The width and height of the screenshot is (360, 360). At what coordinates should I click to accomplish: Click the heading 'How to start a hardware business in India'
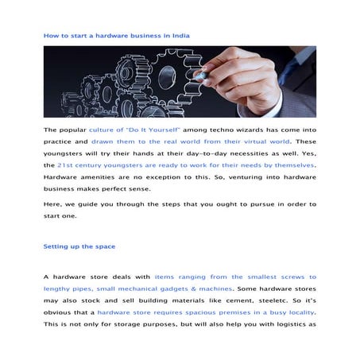tap(116, 36)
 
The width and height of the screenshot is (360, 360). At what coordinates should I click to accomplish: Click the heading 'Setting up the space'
tap(79, 246)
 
